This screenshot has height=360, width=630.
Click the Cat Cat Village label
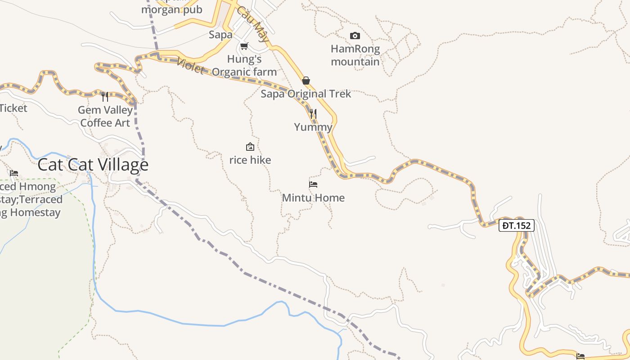point(93,165)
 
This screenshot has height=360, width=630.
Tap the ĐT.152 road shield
point(516,225)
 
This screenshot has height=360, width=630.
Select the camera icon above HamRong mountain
point(355,36)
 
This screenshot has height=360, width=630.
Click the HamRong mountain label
point(355,55)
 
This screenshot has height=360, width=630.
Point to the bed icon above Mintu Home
point(313,184)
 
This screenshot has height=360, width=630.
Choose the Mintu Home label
point(313,198)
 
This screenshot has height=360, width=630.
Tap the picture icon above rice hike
point(250,147)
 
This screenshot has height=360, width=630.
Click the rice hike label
point(250,160)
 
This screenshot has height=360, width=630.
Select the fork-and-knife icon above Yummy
point(313,114)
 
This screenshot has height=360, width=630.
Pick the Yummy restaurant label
point(313,127)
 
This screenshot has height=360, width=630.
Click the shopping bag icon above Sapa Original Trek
point(306,81)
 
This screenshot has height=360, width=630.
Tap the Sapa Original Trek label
point(306,94)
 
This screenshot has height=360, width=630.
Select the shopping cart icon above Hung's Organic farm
point(244,46)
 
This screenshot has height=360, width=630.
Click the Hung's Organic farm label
point(244,65)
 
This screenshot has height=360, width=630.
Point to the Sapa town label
point(220,35)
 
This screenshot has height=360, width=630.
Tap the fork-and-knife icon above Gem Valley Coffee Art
point(105,96)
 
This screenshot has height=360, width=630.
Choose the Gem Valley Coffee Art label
point(105,116)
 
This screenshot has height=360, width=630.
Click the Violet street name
point(191,66)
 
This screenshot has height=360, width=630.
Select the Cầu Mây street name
point(253,25)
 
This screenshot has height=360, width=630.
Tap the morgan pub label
point(172,9)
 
